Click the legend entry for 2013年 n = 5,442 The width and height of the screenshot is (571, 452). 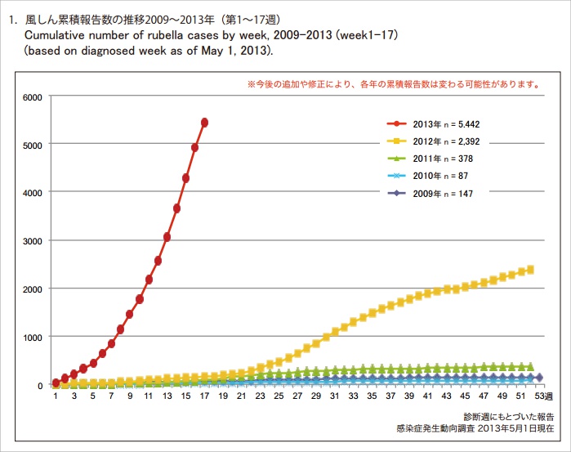[444, 123]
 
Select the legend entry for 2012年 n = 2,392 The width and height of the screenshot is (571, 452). [444, 141]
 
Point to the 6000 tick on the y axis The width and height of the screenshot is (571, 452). [32, 97]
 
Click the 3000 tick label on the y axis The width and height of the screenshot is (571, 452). [32, 241]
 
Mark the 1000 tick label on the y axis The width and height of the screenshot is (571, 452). [32, 337]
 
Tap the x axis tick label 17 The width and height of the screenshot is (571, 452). [203, 396]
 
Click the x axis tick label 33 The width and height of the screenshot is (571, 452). [353, 396]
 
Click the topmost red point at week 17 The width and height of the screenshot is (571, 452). [204, 123]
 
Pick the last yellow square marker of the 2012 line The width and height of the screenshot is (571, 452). [530, 269]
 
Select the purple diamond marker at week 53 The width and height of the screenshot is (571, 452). [539, 378]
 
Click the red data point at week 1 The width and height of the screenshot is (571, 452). [56, 383]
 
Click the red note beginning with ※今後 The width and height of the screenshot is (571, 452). [392, 84]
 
